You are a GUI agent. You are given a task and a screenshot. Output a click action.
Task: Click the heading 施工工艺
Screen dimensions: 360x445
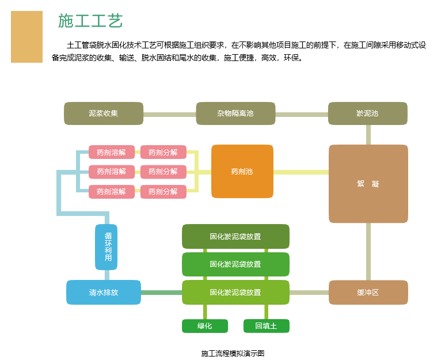[90, 21]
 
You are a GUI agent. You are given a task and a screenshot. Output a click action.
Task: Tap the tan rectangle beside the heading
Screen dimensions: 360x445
[26, 36]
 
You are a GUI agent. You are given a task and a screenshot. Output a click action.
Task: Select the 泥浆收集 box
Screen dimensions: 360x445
[104, 113]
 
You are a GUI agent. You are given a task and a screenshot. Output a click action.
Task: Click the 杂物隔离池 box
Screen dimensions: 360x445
[235, 113]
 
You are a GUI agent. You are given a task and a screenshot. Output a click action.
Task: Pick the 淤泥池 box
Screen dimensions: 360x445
[367, 113]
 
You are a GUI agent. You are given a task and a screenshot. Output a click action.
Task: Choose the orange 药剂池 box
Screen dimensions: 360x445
[242, 172]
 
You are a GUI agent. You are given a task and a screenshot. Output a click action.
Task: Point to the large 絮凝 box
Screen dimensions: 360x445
[368, 184]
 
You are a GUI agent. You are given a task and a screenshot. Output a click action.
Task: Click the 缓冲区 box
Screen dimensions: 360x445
[368, 292]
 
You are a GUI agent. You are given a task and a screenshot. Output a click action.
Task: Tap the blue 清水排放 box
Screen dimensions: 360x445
[104, 292]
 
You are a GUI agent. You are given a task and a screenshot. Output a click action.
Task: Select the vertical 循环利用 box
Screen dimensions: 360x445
[107, 247]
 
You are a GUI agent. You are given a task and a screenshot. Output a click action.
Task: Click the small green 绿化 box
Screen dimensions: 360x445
[205, 326]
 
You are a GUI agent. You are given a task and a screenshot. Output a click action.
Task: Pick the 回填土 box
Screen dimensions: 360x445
[266, 326]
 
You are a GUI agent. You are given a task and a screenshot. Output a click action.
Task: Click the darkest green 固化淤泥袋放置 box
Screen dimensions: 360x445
[235, 237]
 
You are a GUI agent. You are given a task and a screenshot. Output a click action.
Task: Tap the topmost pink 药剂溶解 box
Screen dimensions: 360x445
[112, 153]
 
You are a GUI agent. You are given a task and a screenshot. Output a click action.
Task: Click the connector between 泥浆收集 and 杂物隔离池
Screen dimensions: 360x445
[169, 114]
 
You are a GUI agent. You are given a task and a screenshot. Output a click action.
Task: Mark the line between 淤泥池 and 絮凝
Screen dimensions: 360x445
[368, 134]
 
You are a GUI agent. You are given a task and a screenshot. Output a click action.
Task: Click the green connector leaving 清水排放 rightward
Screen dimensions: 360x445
[161, 293]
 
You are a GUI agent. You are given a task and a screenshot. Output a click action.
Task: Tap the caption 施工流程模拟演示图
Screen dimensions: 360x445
[233, 353]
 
